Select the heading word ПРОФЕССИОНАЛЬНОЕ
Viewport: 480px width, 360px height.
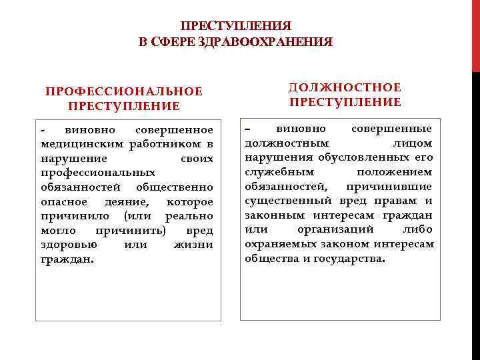[123, 91]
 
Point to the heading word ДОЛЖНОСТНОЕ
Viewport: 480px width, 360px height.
[345, 87]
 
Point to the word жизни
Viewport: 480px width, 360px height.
[193, 245]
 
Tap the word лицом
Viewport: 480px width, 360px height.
[417, 143]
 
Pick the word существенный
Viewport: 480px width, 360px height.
[288, 201]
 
